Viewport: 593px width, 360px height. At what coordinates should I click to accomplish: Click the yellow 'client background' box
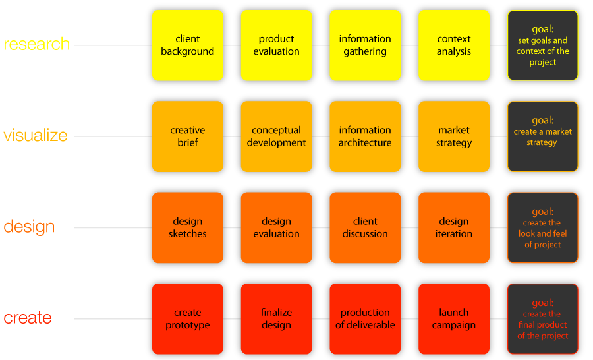188,45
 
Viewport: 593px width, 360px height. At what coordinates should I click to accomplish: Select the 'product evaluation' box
276,45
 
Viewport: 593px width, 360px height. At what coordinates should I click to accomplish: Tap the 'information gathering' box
365,45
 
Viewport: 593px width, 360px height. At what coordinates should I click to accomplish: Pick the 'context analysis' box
454,45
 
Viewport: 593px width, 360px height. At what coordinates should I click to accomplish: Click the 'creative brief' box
188,136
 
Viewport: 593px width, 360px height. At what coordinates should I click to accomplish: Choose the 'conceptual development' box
276,136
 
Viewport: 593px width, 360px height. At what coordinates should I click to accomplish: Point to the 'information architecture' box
365,136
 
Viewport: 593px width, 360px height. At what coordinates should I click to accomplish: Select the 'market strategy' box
454,136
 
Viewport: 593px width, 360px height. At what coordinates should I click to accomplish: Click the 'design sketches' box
188,227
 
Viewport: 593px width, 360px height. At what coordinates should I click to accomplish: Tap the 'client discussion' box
365,227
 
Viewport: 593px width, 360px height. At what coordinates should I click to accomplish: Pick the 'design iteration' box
454,227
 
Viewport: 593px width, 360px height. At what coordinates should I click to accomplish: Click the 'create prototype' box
188,319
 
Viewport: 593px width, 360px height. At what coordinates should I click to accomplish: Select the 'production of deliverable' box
365,319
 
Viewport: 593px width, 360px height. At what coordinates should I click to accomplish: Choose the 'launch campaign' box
454,319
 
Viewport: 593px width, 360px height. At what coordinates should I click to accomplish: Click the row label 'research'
37,45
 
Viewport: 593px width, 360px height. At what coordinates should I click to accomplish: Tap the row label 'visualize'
36,136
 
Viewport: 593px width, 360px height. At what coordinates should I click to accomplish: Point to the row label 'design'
29,227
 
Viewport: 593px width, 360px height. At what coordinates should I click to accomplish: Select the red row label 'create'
28,318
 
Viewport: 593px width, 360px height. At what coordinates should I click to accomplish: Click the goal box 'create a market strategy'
543,136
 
